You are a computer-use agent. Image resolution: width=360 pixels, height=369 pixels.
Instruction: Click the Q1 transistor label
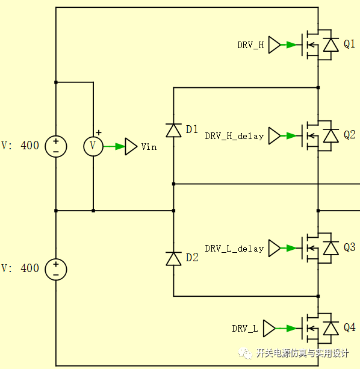(349, 44)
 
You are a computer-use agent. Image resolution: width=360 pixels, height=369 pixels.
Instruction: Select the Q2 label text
(349, 135)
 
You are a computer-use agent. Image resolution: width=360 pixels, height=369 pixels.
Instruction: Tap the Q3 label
(349, 247)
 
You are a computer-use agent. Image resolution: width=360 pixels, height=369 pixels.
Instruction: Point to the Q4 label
(349, 327)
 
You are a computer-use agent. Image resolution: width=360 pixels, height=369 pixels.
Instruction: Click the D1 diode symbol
(173, 130)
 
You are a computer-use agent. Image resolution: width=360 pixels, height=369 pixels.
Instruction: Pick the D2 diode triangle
(173, 259)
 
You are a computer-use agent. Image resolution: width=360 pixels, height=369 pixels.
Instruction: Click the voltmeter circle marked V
(93, 146)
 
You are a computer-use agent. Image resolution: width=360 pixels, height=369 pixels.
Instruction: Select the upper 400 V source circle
(56, 146)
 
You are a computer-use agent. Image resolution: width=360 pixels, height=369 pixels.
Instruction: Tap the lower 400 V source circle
(56, 270)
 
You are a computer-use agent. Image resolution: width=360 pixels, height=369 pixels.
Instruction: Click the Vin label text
(149, 147)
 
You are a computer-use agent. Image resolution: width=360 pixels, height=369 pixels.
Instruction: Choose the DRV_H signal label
(250, 45)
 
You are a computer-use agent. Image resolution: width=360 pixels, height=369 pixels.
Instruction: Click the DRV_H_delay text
(234, 136)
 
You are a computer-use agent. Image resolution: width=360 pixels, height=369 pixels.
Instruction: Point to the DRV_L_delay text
(234, 249)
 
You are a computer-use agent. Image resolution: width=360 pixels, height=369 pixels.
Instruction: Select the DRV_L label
(245, 329)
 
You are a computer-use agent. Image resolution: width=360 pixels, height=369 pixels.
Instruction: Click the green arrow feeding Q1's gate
(288, 45)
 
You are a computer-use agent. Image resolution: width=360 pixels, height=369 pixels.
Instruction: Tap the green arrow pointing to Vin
(114, 147)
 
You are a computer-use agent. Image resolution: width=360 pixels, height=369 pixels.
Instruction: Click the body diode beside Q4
(331, 328)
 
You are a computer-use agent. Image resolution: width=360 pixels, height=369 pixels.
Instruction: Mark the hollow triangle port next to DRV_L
(269, 328)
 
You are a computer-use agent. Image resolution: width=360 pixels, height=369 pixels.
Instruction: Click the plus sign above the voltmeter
(99, 132)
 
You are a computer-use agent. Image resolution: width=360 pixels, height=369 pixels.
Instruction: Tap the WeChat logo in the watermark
(244, 353)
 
